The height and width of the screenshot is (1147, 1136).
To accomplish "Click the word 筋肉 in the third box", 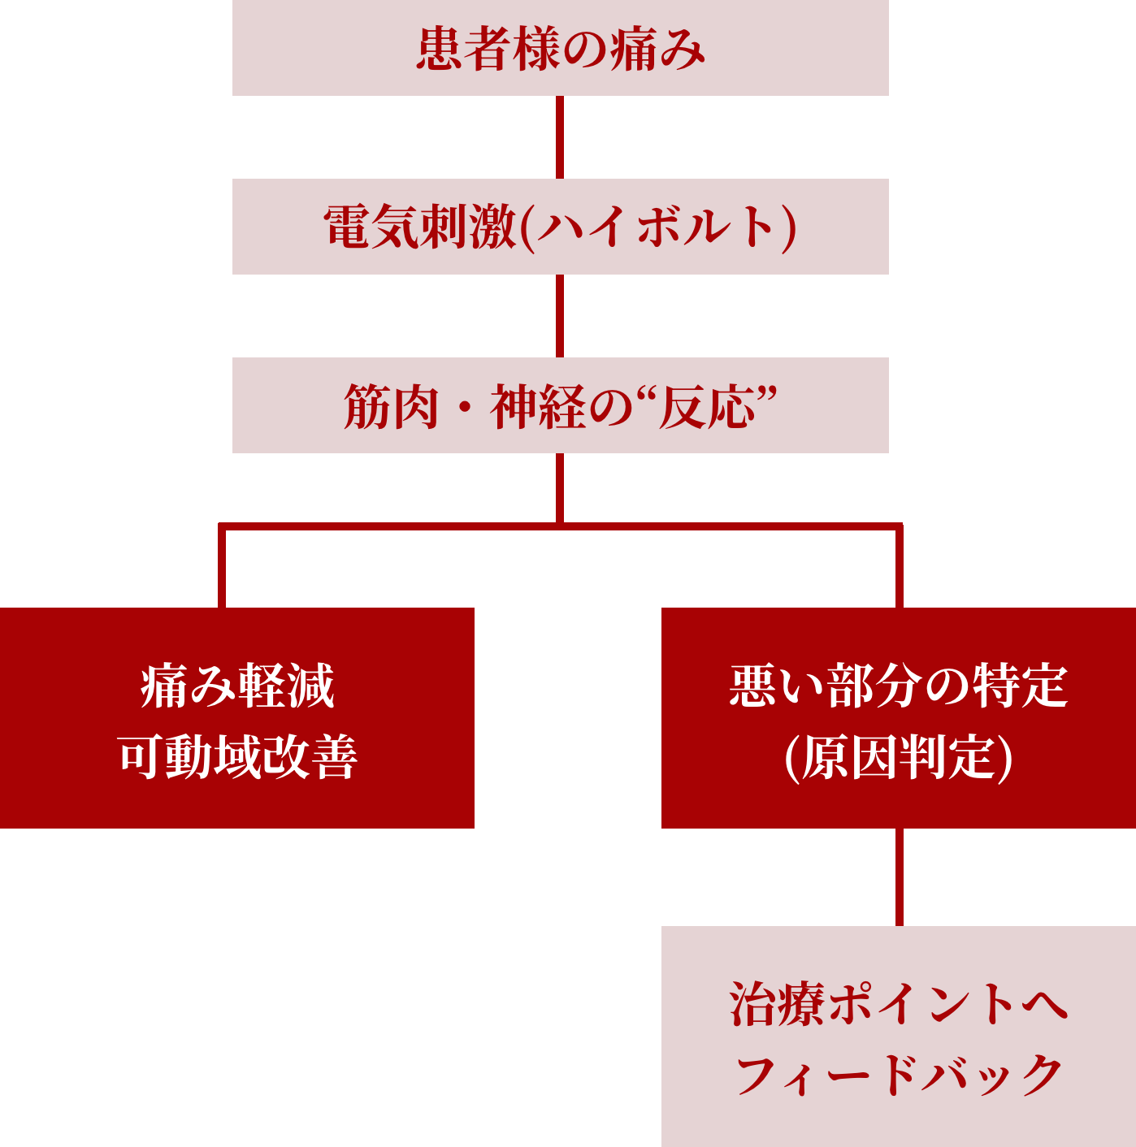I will [391, 406].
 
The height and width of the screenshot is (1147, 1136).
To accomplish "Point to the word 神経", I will [537, 406].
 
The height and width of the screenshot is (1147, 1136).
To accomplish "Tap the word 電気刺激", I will [419, 227].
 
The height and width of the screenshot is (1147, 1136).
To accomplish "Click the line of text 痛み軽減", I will [237, 686].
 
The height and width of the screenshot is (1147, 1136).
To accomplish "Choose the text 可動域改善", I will [237, 757].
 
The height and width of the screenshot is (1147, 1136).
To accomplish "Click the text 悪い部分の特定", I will [898, 686].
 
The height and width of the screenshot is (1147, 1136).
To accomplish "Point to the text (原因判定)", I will [898, 757].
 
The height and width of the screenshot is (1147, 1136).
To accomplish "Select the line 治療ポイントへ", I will [898, 1004].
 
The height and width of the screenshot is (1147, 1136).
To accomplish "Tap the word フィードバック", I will [898, 1076].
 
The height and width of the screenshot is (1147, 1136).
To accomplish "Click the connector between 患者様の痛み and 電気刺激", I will [560, 137].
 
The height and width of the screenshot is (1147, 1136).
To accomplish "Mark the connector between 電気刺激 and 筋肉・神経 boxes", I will [560, 316].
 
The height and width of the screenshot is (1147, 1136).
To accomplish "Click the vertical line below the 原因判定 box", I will [899, 877].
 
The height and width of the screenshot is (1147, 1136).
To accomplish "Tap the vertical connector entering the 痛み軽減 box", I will [222, 569].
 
